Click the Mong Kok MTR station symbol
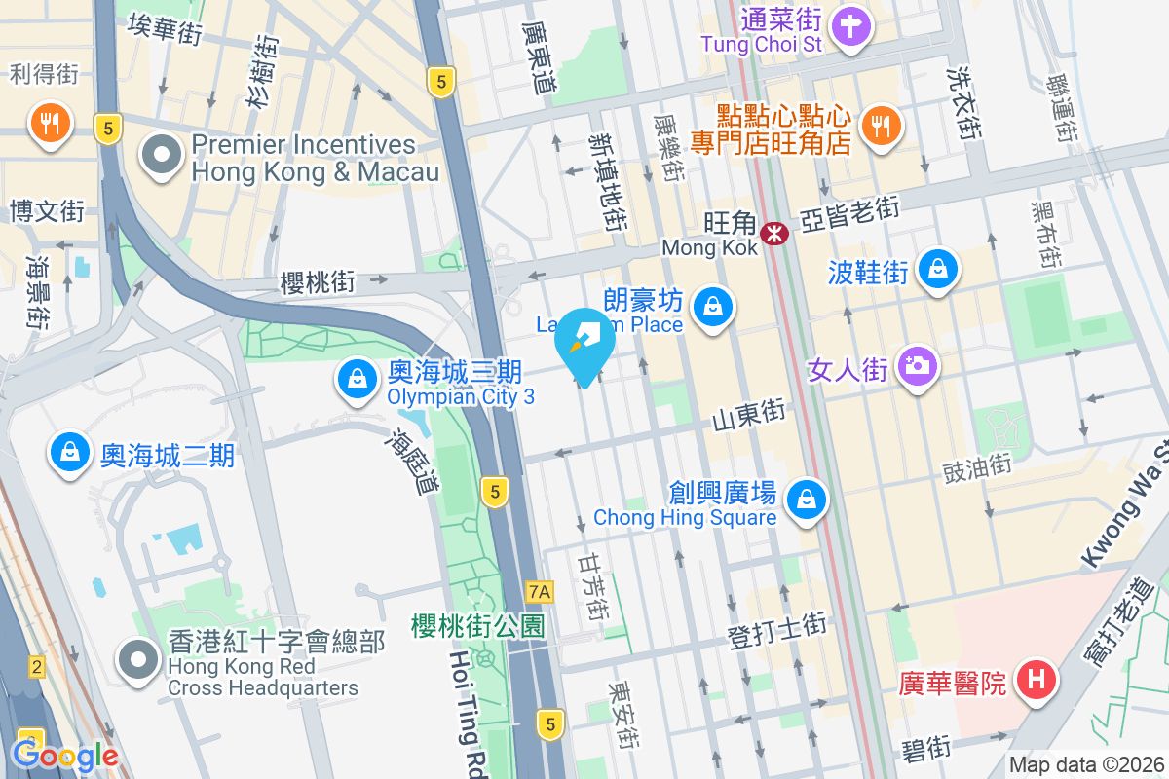click(775, 233)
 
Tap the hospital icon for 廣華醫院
click(1037, 679)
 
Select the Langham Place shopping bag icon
click(714, 309)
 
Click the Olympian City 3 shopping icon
click(358, 381)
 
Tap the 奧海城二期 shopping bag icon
click(70, 453)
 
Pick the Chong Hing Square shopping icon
click(806, 501)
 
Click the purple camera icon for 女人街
click(916, 367)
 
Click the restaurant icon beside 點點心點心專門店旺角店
click(882, 125)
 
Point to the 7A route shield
click(539, 591)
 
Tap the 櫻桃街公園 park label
click(477, 625)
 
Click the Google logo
click(64, 756)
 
